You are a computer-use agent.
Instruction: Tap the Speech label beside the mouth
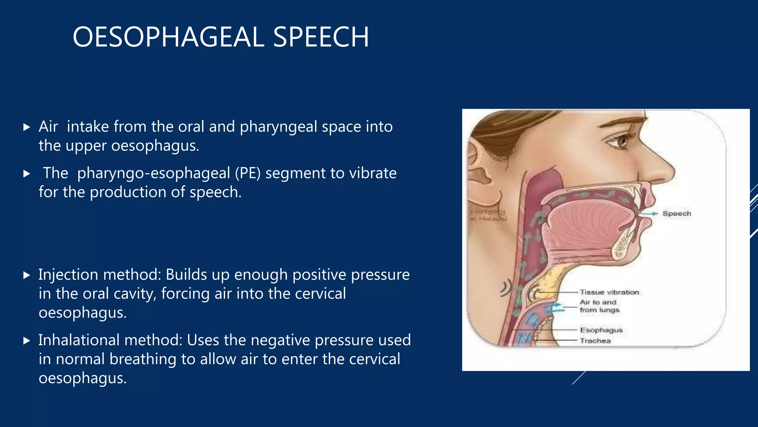point(677,213)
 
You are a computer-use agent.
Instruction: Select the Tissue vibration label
point(609,292)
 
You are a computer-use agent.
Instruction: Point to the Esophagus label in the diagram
point(601,330)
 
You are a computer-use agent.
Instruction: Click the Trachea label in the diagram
point(595,341)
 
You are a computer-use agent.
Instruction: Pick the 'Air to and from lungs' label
point(599,306)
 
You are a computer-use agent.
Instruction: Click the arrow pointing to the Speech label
point(650,213)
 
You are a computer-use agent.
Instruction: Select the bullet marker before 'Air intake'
point(26,128)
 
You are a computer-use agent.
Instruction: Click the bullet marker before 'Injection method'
point(26,275)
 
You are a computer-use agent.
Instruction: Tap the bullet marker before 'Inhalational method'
point(26,341)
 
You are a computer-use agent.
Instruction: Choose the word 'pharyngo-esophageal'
point(154,173)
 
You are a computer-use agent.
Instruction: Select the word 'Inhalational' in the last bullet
point(79,340)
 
